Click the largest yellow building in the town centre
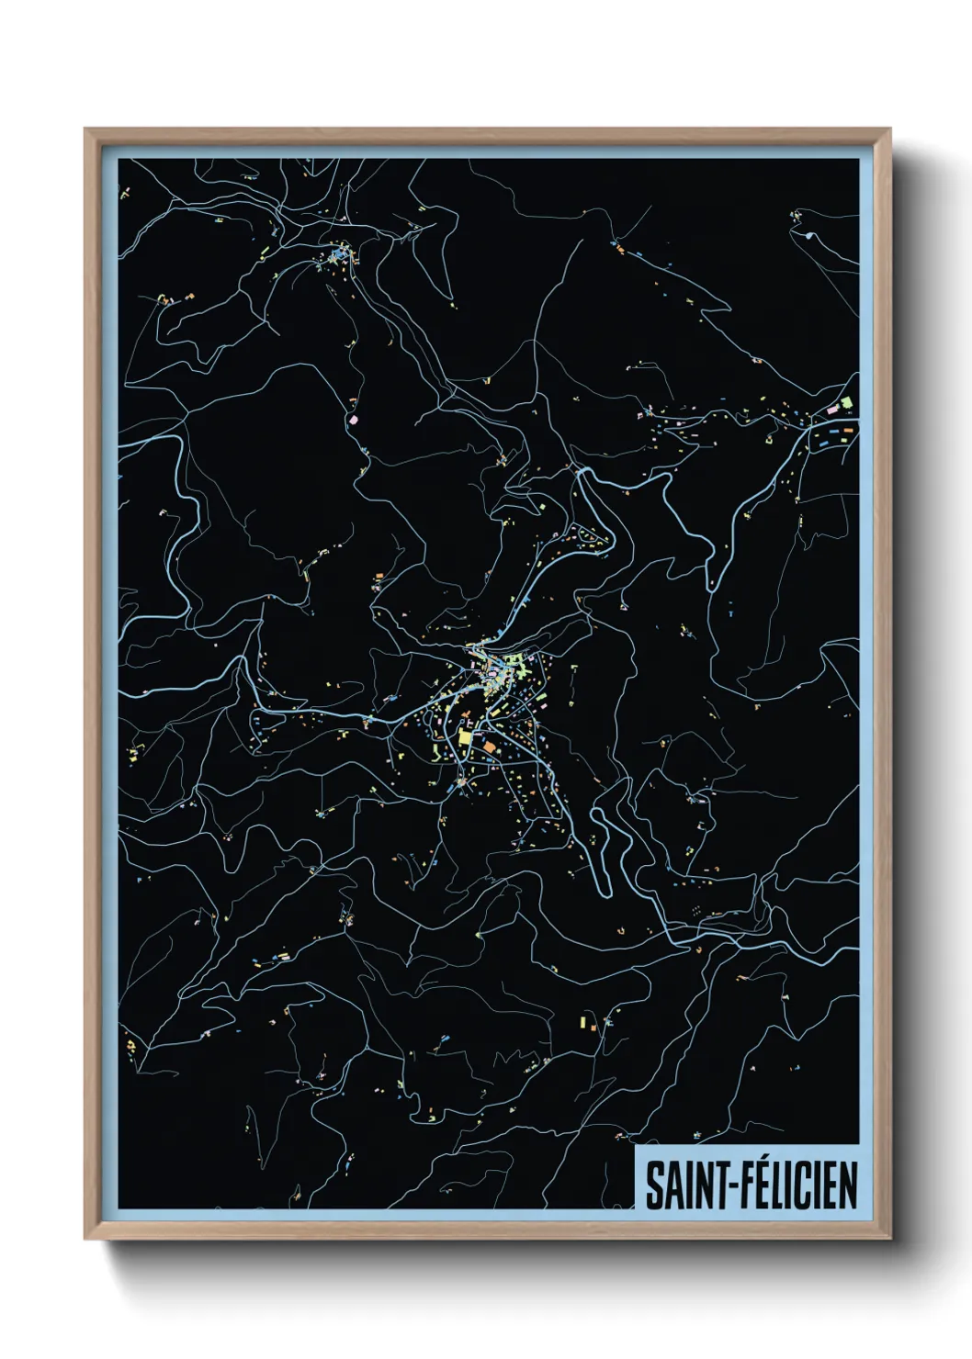point(465,737)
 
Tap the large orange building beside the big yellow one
point(488,747)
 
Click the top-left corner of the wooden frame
point(85,129)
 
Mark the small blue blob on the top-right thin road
point(808,236)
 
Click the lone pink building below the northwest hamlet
point(354,418)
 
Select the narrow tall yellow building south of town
point(582,1020)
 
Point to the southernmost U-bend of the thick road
point(605,889)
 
